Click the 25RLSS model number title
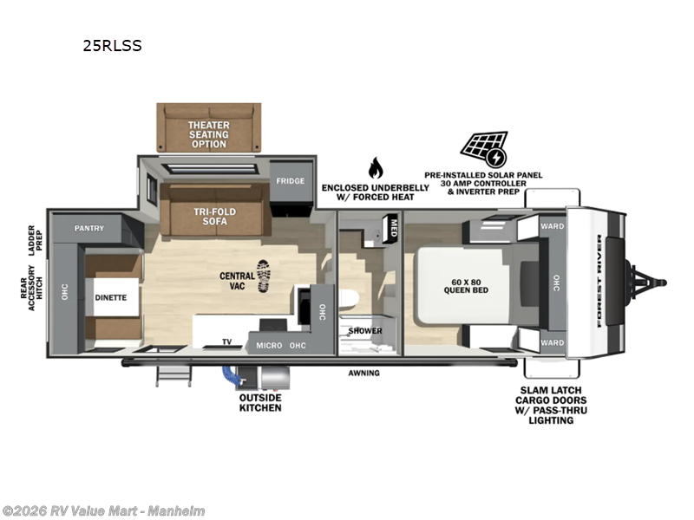pos(113,46)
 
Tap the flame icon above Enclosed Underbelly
pos(376,167)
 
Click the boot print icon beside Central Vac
pos(263,276)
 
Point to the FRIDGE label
pos(291,181)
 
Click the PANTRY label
pos(89,228)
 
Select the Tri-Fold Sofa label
pos(214,216)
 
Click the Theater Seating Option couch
pos(209,128)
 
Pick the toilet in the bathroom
pos(349,297)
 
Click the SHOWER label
pos(365,331)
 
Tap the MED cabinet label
pos(394,228)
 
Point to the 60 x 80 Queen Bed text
pos(466,286)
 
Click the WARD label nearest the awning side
pos(552,342)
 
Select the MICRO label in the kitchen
pos(269,345)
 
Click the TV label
pos(226,341)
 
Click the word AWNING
pos(363,374)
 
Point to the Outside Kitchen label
pos(260,403)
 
